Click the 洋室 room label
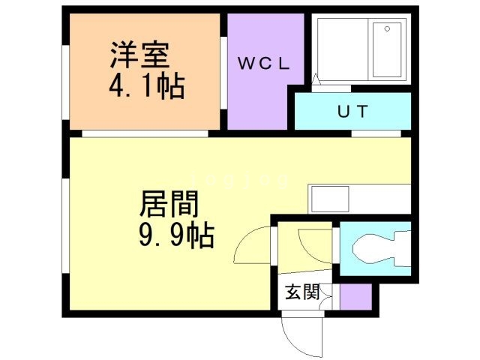(141, 55)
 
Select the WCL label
(264, 64)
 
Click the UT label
(352, 112)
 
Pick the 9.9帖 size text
(177, 237)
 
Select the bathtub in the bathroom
(387, 49)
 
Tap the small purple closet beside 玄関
(355, 297)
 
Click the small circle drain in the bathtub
(387, 29)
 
